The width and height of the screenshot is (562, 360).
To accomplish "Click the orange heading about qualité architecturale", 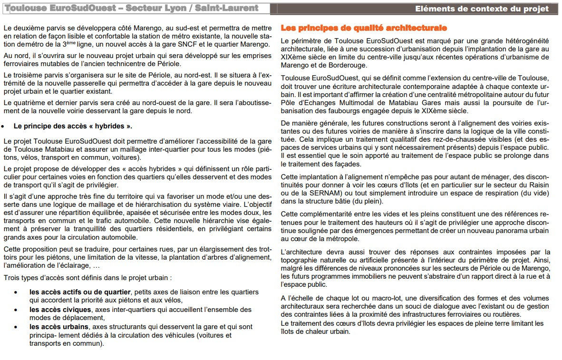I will tap(364, 28).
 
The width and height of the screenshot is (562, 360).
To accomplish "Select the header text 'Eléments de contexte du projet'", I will tap(482, 9).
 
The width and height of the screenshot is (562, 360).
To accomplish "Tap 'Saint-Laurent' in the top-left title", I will tap(228, 8).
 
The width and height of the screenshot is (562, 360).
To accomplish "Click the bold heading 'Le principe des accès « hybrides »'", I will tap(73, 126).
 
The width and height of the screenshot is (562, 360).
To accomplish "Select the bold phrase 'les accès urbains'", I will tap(58, 327).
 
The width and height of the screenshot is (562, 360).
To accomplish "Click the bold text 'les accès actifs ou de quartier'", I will tap(79, 292).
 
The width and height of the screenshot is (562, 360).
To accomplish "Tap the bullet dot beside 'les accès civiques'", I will tap(17, 310).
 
